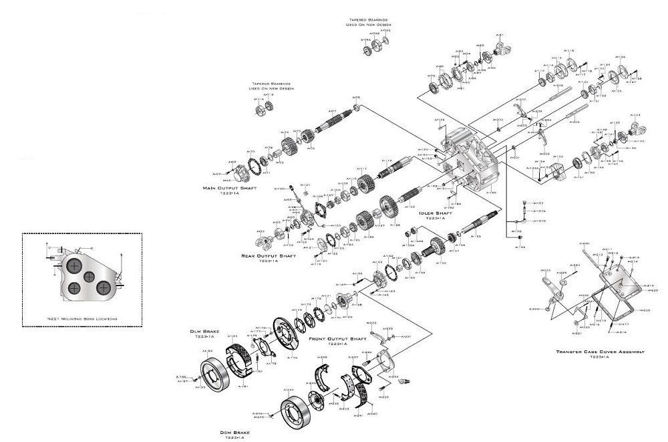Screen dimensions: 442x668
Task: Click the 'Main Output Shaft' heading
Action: tap(229, 188)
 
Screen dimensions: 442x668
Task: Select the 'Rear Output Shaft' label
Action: tap(269, 255)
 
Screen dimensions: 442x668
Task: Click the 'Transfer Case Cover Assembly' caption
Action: tap(600, 352)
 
